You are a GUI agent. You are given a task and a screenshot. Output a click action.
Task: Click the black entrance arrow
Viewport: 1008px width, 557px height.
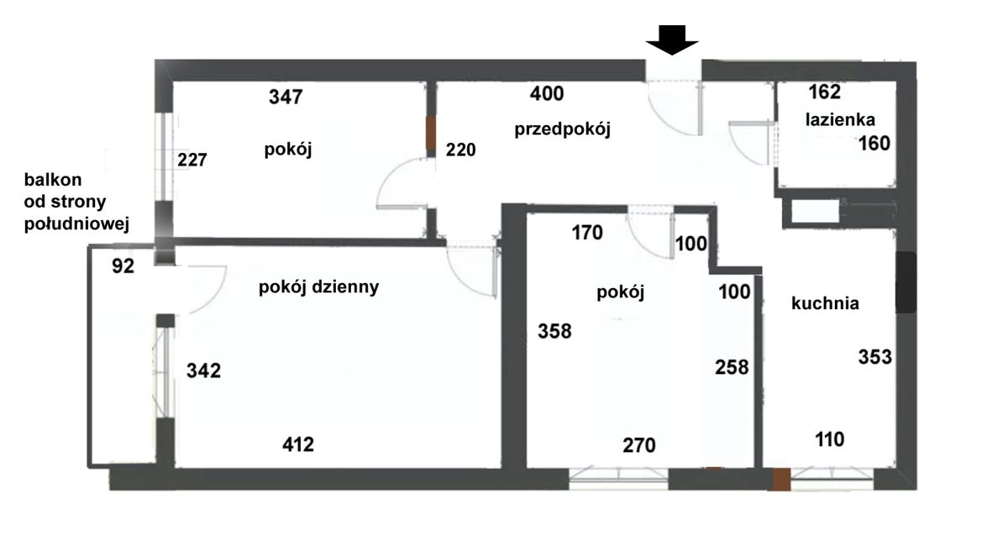672,40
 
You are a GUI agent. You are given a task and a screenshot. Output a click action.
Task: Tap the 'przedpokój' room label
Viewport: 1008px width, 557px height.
563,129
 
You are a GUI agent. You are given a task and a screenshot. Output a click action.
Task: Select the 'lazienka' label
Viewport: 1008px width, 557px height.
840,119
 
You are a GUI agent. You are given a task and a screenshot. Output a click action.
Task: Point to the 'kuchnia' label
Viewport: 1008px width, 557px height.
825,303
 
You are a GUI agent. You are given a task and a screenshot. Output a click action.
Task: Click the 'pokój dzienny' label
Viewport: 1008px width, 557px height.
318,287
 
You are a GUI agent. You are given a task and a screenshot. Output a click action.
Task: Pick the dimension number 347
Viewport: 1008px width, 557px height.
286,97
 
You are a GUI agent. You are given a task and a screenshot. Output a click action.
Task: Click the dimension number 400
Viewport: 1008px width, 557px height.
547,93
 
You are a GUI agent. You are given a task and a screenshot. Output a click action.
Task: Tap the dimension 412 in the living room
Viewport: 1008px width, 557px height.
298,444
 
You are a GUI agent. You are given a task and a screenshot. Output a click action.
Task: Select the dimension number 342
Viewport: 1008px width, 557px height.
204,370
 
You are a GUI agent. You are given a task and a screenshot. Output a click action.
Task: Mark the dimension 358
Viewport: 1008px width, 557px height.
554,331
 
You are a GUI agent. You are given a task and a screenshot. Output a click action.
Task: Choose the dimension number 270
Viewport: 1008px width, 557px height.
639,445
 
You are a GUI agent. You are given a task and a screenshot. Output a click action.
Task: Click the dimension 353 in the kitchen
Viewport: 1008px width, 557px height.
874,357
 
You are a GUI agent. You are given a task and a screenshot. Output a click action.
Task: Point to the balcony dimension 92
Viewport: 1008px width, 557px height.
123,266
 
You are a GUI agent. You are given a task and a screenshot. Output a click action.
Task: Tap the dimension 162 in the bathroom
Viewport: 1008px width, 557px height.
824,92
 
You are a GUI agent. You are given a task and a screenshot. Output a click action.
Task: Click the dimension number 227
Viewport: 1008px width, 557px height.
192,160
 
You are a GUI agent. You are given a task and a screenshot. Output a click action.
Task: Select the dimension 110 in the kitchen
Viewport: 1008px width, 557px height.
829,439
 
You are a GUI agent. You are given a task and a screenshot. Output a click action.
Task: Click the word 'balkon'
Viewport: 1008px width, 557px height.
53,180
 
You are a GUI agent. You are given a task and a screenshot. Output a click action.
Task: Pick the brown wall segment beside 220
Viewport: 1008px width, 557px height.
431,134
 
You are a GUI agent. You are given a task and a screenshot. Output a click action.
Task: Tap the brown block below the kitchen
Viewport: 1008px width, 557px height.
782,479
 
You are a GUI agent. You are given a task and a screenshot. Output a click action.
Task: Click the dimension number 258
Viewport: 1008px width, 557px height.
732,367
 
